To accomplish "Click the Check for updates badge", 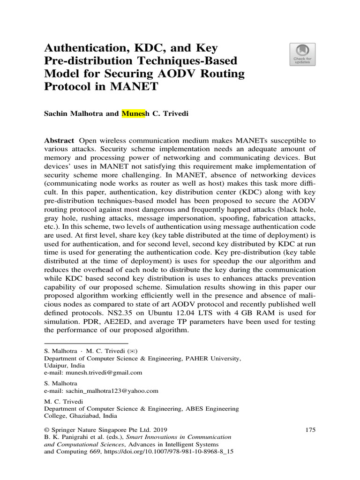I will [x=303, y=54].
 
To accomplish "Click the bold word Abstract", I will [x=59, y=141].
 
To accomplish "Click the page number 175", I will [x=310, y=429].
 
